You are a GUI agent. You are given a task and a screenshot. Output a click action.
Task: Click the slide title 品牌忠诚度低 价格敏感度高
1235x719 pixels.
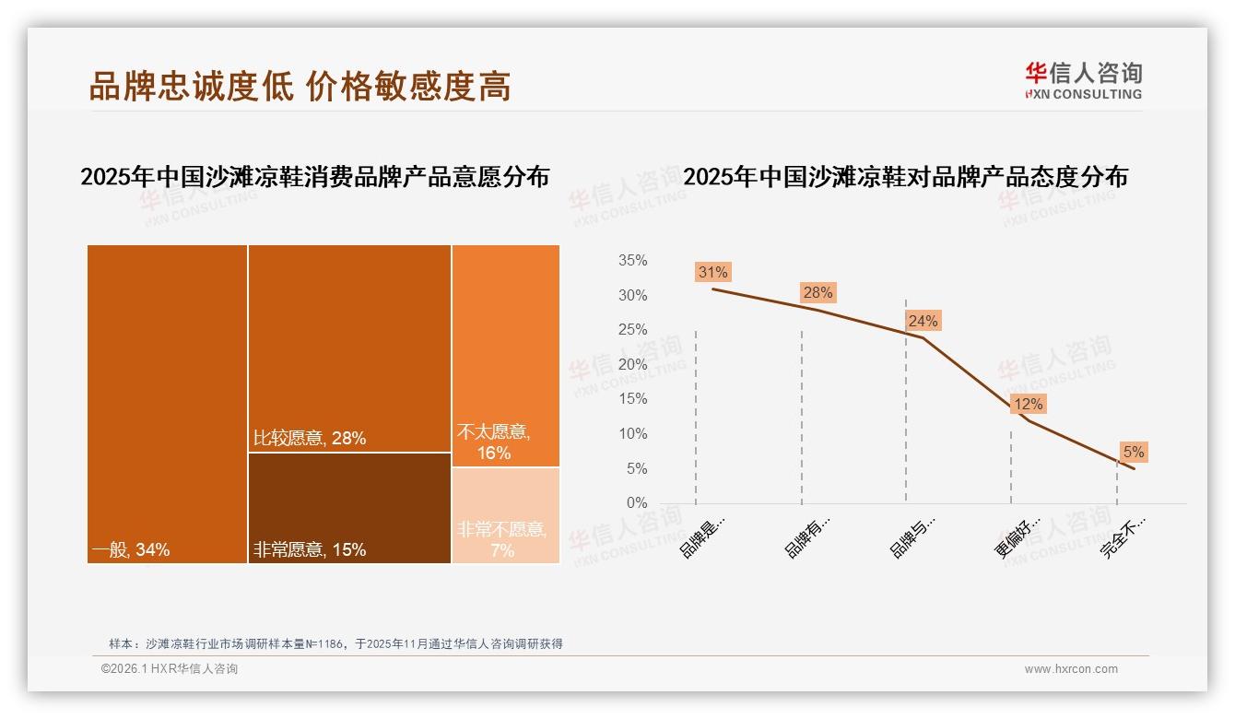coord(300,86)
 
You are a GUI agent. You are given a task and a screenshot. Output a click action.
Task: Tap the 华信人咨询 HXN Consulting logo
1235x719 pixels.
coord(1083,80)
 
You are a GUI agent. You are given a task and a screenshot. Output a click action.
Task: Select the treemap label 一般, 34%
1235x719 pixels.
coord(131,550)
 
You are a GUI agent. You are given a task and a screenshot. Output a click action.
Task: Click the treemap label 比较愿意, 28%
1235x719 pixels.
coord(310,439)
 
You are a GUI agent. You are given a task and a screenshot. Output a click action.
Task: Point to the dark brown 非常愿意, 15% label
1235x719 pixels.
coord(310,550)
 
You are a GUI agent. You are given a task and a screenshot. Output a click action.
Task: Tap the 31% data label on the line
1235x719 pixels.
coord(713,272)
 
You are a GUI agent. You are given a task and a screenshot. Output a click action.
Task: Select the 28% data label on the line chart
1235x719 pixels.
coord(817,292)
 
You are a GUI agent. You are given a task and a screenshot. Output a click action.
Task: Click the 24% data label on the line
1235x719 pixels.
coord(923,321)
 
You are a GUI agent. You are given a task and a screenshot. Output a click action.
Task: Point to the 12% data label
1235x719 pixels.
coord(1028,404)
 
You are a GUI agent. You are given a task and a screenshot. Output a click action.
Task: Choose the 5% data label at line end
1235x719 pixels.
coord(1133,452)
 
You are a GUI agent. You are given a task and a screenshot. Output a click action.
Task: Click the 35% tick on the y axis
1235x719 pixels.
coord(632,261)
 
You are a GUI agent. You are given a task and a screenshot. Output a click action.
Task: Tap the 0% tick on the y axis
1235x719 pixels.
coord(636,503)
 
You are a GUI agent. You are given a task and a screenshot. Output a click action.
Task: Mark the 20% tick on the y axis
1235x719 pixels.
coord(632,365)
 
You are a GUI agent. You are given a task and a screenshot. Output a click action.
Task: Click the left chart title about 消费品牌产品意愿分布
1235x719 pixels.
coord(314,177)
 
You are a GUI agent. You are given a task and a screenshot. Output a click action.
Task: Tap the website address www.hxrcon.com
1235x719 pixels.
coord(1071,669)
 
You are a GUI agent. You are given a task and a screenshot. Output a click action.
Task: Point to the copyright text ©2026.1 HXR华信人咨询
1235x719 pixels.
coord(170,669)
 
